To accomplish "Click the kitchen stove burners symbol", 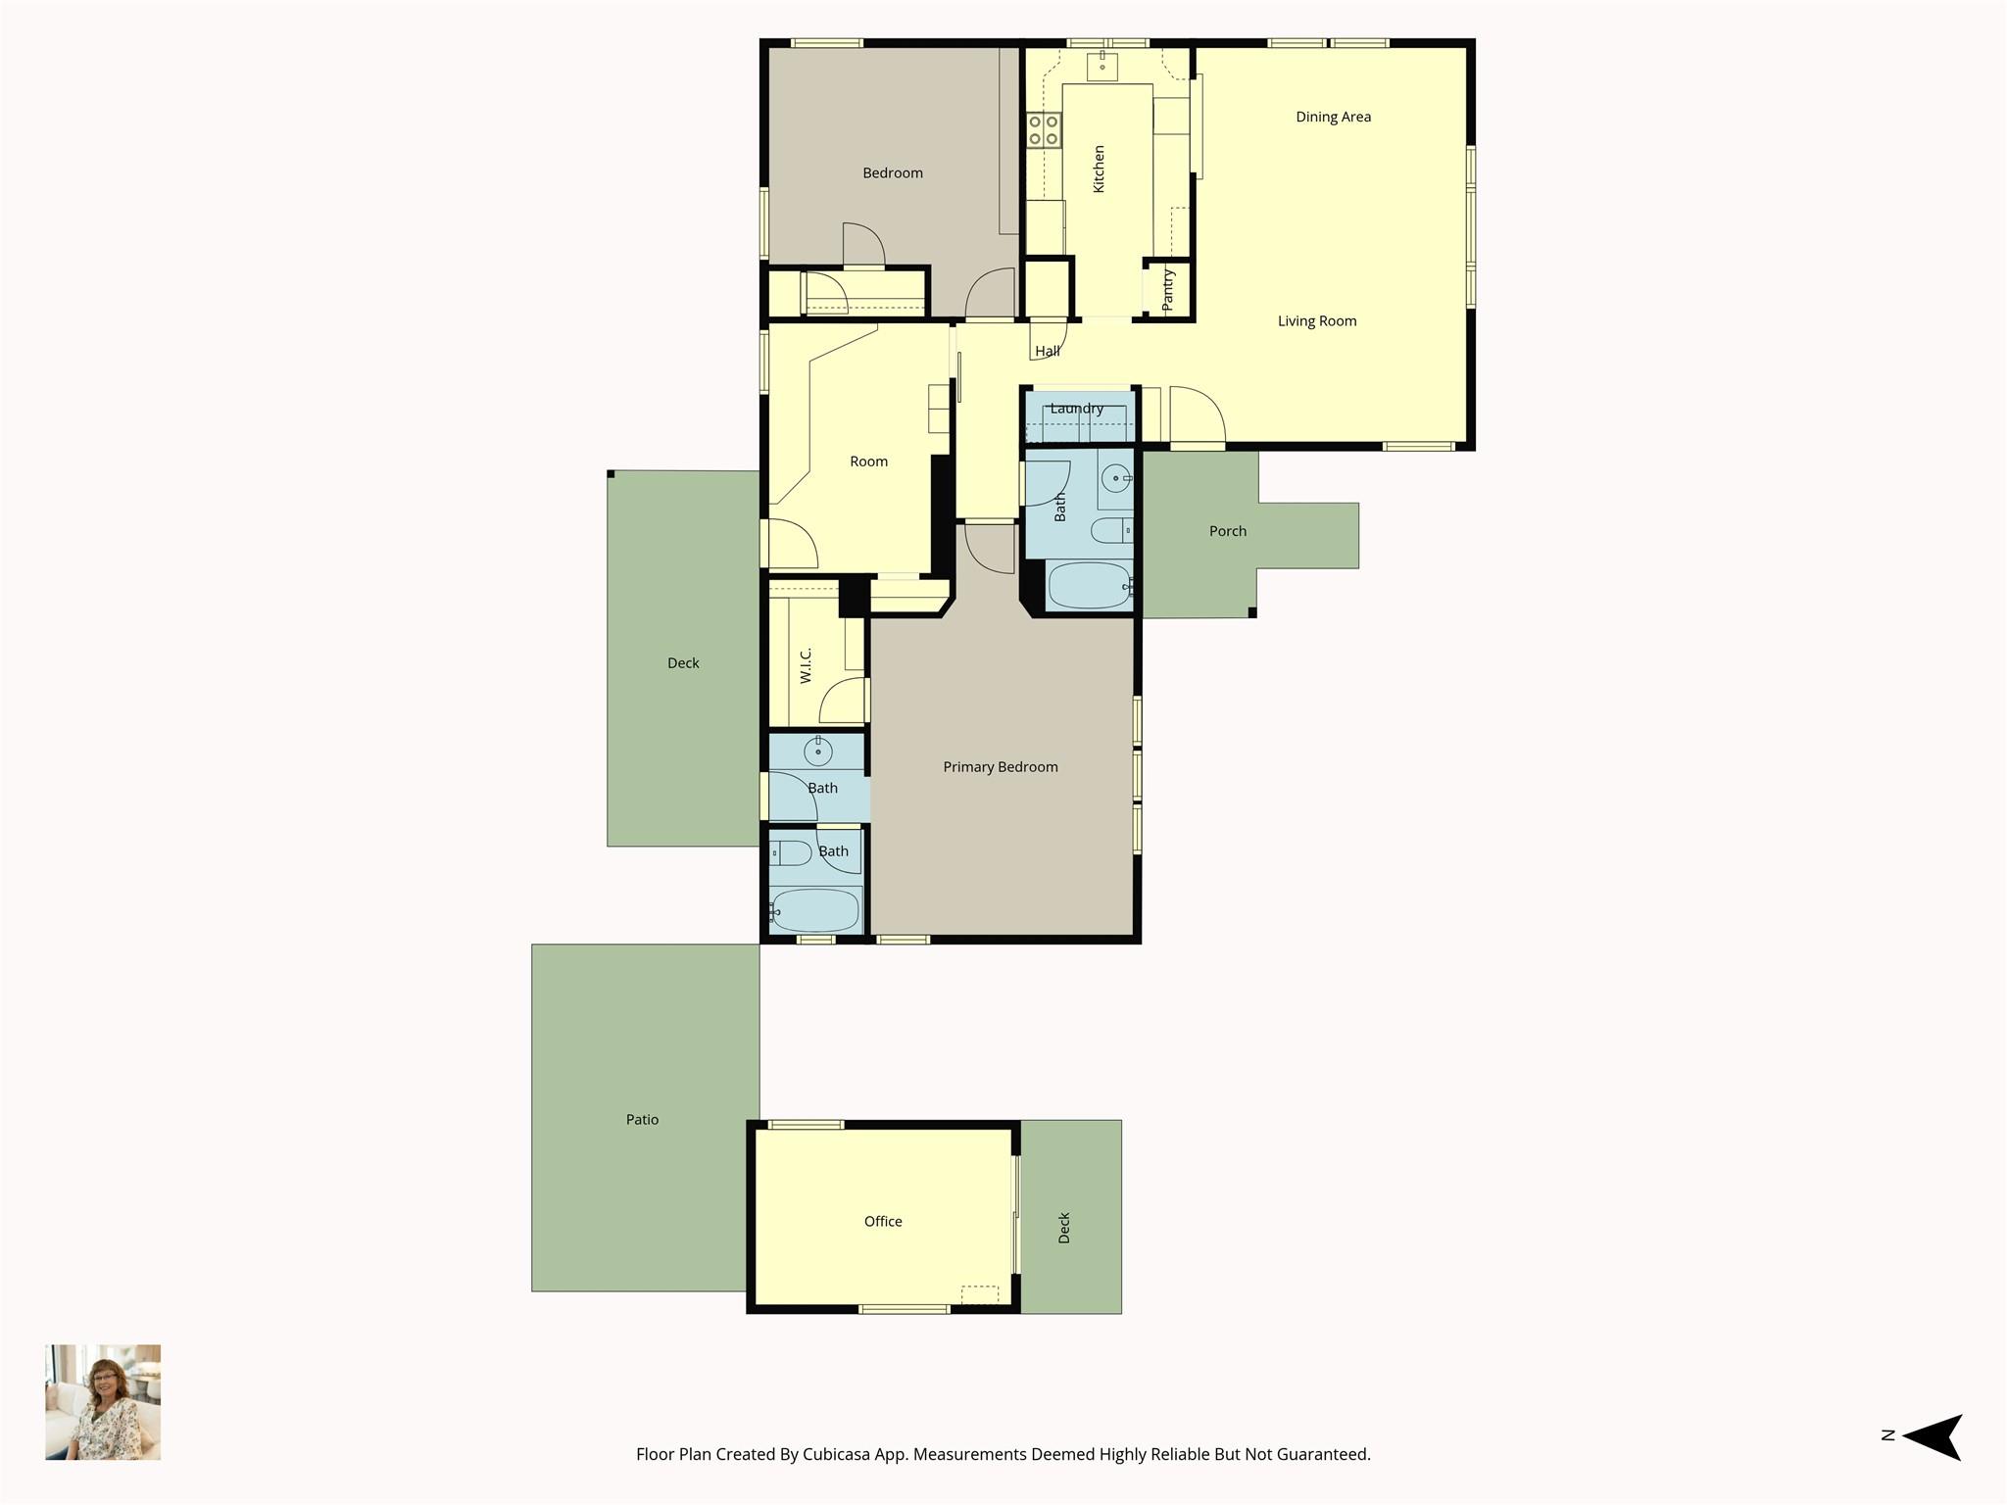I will [x=1043, y=130].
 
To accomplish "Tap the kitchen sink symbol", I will [x=1101, y=66].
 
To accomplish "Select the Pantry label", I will [x=1167, y=290].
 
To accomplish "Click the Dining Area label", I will [x=1333, y=117].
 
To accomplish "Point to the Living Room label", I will [x=1316, y=321].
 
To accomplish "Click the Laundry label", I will [x=1076, y=409].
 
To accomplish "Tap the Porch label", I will [x=1227, y=531].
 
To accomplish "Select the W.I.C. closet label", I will [x=806, y=665].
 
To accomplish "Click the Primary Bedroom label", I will [x=1000, y=767].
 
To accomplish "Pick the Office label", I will [x=882, y=1221].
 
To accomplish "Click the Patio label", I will [x=642, y=1119].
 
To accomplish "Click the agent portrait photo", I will [x=103, y=1402].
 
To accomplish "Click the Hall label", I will [x=1047, y=351].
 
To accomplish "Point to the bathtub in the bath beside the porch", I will [x=1088, y=586].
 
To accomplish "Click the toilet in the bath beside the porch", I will [x=1111, y=531].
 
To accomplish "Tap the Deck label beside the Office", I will [x=1064, y=1228].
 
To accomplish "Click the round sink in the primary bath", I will [x=817, y=752].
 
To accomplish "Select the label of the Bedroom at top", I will [x=892, y=173].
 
